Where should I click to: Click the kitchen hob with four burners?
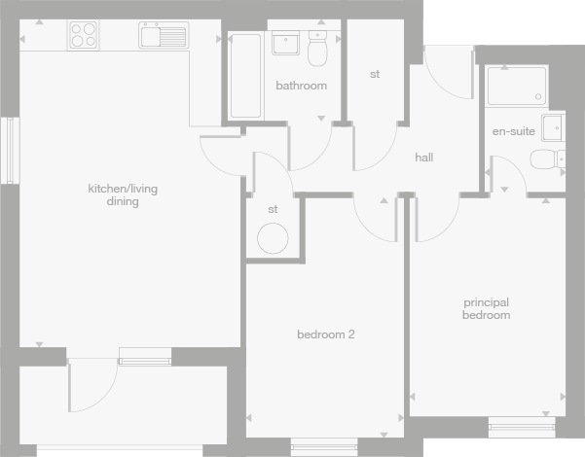pyautogui.click(x=83, y=35)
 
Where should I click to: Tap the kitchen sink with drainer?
pyautogui.click(x=163, y=38)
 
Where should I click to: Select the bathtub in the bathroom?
pyautogui.click(x=245, y=75)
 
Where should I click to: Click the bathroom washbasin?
pyautogui.click(x=287, y=44)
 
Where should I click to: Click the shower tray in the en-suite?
pyautogui.click(x=517, y=86)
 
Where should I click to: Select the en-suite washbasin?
pyautogui.click(x=553, y=127)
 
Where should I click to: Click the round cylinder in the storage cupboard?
pyautogui.click(x=272, y=237)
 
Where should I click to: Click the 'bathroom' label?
pyautogui.click(x=301, y=86)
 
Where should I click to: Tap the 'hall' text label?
pyautogui.click(x=423, y=158)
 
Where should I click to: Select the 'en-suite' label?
pyautogui.click(x=513, y=131)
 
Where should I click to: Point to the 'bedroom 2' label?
pyautogui.click(x=325, y=335)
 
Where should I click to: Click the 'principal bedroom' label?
pyautogui.click(x=486, y=309)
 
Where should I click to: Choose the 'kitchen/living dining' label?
pyautogui.click(x=113, y=195)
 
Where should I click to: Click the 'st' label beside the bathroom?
pyautogui.click(x=375, y=75)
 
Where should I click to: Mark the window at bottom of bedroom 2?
pyautogui.click(x=325, y=445)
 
